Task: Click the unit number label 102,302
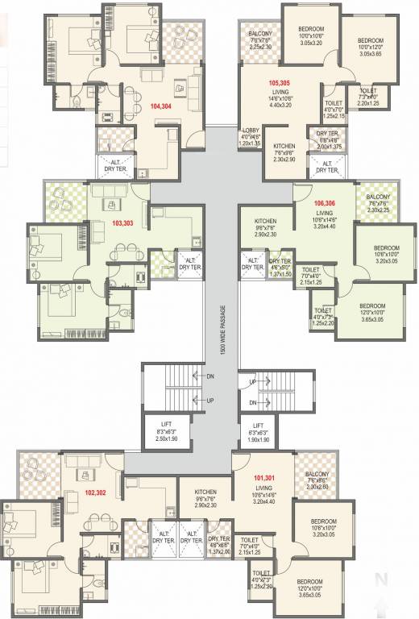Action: (96, 492)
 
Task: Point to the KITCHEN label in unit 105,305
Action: (280, 147)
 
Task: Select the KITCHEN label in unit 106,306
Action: (266, 221)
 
